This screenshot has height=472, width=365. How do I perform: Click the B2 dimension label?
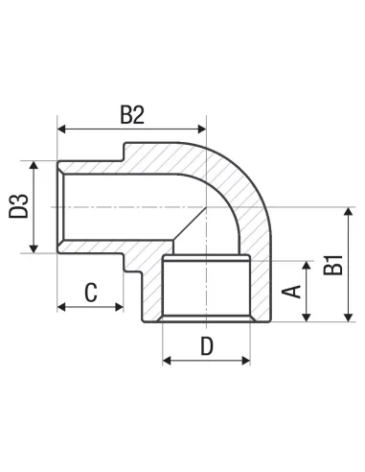(132, 115)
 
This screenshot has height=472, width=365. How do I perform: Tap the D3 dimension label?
(18, 206)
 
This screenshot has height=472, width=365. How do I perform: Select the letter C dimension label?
(91, 293)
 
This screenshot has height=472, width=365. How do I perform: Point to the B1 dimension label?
(332, 265)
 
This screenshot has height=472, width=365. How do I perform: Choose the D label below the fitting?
(207, 346)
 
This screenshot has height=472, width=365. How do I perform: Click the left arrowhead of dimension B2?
(61, 130)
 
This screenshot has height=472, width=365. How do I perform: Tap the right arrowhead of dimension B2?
(202, 130)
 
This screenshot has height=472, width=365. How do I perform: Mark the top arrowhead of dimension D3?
(34, 165)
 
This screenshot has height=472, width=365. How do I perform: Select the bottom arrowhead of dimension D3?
(34, 248)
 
